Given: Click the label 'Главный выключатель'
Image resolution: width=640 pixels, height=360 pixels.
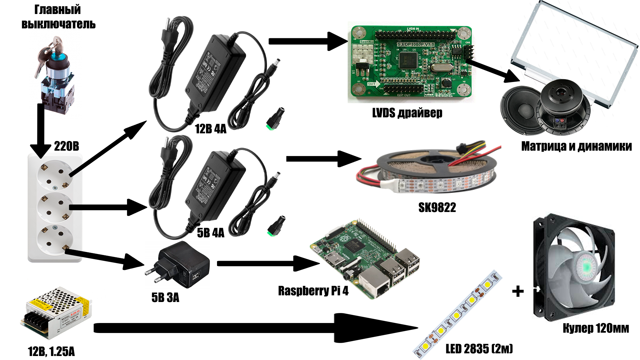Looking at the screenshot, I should pyautogui.click(x=58, y=17).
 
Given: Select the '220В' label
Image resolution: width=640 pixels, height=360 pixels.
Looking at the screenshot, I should pyautogui.click(x=67, y=146).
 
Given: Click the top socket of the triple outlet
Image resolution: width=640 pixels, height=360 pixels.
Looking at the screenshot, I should pyautogui.click(x=55, y=175).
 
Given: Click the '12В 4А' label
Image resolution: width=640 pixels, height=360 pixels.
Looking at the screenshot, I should pyautogui.click(x=211, y=129).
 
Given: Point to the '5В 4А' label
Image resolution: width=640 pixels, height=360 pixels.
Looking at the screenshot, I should pyautogui.click(x=211, y=233).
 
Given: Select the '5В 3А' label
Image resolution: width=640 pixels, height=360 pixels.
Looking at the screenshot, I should pyautogui.click(x=165, y=297).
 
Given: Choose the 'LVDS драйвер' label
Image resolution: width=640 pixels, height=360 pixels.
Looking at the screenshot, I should pyautogui.click(x=407, y=113).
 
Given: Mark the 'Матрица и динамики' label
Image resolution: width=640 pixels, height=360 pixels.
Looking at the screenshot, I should pyautogui.click(x=576, y=146).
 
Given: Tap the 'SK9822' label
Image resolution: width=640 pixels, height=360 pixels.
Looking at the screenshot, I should pyautogui.click(x=437, y=208).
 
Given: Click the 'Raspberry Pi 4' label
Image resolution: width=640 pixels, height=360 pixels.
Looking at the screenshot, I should pyautogui.click(x=313, y=291).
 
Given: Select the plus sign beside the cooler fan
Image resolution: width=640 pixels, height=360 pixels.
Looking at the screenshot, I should pyautogui.click(x=518, y=291).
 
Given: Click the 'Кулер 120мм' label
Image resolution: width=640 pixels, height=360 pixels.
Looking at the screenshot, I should pyautogui.click(x=596, y=328).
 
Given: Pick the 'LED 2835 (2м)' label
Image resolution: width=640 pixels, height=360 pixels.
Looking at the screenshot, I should pyautogui.click(x=479, y=349).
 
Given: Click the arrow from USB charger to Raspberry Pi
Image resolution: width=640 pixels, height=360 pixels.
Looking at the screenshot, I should pyautogui.click(x=267, y=264).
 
